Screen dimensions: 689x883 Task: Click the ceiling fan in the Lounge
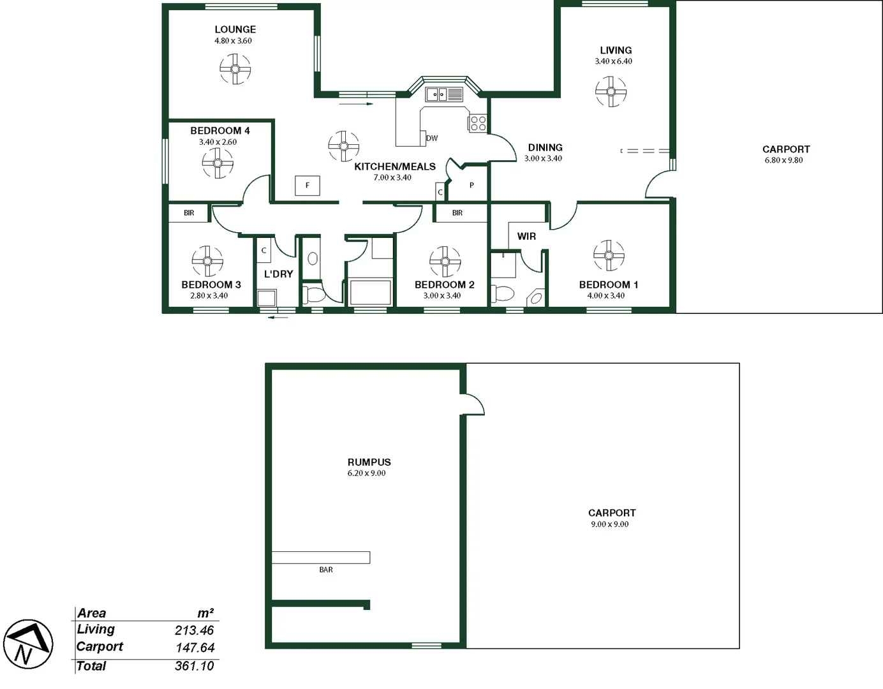(235, 69)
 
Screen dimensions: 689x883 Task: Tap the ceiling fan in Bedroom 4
(218, 163)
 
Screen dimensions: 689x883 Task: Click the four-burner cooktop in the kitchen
(478, 123)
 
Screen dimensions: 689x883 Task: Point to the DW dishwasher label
(432, 138)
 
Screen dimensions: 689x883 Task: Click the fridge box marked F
(307, 186)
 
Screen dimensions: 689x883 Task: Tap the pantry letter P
(471, 186)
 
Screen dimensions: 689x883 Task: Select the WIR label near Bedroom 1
(526, 236)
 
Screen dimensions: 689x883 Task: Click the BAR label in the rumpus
(326, 570)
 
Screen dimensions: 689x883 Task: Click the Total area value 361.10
(194, 666)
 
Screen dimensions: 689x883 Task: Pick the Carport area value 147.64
(194, 648)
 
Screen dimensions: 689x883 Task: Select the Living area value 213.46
(194, 630)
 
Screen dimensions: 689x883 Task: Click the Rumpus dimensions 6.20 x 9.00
(366, 473)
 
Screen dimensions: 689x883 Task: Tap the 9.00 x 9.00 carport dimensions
(609, 524)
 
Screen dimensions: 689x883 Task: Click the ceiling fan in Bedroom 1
(609, 256)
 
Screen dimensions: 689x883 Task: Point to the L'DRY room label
(278, 274)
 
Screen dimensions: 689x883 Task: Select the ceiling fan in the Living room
(611, 92)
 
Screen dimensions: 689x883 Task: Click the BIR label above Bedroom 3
(189, 213)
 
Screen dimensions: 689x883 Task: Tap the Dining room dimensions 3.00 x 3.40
(543, 159)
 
